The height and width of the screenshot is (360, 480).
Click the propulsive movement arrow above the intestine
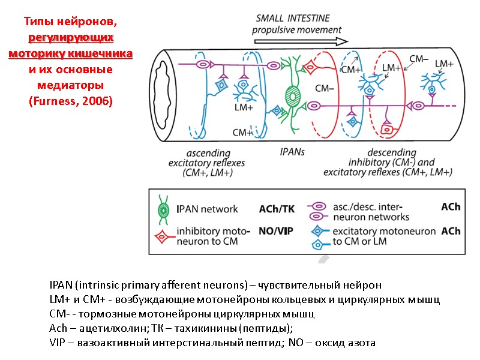(x=301, y=41)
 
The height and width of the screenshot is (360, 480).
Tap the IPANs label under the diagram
(x=292, y=152)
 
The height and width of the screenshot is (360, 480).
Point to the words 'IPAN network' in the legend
(x=207, y=209)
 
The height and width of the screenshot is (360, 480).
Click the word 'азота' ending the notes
(x=362, y=343)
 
